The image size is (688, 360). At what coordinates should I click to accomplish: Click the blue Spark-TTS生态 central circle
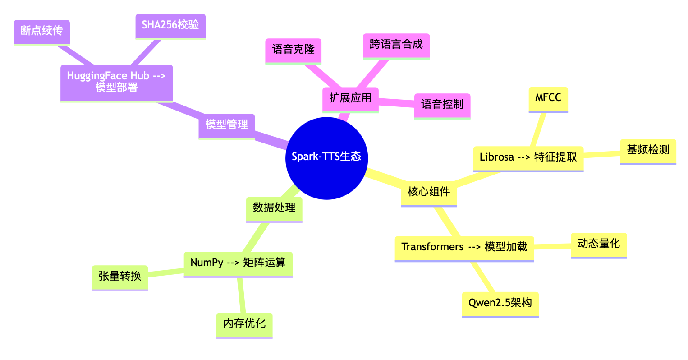click(326, 157)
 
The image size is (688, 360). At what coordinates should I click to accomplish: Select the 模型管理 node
click(226, 125)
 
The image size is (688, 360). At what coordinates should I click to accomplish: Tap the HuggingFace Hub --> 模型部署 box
click(116, 82)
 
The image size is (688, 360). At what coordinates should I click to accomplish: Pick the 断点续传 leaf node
click(41, 31)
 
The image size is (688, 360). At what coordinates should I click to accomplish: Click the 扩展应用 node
click(350, 98)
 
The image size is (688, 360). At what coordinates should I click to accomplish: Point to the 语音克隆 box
click(293, 50)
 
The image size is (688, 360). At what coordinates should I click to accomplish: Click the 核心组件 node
click(429, 192)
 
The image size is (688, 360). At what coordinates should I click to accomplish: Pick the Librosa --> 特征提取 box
click(528, 157)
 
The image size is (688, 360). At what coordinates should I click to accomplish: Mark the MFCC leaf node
click(548, 98)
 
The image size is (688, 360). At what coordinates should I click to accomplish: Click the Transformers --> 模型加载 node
click(464, 247)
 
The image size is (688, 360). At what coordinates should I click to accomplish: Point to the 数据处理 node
click(274, 208)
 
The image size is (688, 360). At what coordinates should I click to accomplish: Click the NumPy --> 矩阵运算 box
click(238, 263)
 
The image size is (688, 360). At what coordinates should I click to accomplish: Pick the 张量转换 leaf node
click(119, 277)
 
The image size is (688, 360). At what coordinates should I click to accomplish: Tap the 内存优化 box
click(244, 324)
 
